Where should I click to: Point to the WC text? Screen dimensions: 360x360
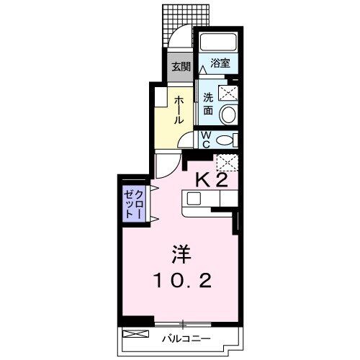coord(205,138)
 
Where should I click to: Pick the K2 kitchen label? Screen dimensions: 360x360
coord(212,180)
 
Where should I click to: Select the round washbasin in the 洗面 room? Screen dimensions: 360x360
coord(227,114)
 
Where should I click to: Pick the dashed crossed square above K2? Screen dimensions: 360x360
coord(227,163)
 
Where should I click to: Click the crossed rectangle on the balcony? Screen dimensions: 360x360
coord(134,335)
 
